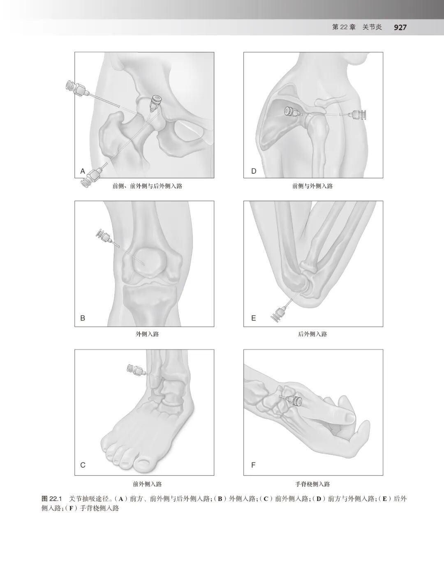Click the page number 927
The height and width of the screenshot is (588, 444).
(x=400, y=27)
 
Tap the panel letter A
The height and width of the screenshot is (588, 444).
(x=82, y=171)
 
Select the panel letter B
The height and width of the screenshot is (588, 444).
(x=83, y=318)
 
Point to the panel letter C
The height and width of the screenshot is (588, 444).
(x=83, y=465)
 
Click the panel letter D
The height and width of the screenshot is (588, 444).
(x=253, y=171)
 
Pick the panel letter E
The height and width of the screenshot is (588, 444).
(x=253, y=318)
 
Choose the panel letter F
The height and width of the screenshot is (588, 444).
(x=253, y=465)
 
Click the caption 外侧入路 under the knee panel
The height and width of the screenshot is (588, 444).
(x=147, y=334)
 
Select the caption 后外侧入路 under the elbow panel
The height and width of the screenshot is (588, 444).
(x=312, y=334)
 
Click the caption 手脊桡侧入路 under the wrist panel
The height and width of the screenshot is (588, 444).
(x=312, y=484)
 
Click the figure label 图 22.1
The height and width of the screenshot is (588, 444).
(x=51, y=499)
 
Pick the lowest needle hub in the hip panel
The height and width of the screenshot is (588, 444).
(x=90, y=178)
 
